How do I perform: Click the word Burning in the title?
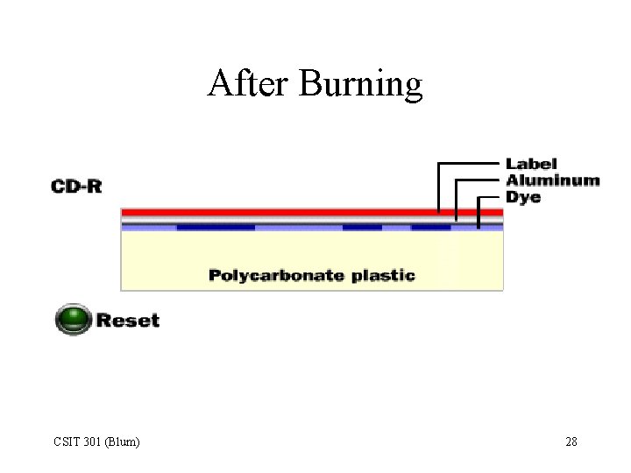[x=360, y=85]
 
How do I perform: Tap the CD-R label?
[x=76, y=186]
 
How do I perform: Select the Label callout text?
[x=531, y=164]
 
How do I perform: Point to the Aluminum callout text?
[x=552, y=180]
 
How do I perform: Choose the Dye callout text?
[x=523, y=197]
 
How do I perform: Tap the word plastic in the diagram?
[x=383, y=276]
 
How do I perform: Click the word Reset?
[x=128, y=320]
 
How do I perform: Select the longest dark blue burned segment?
[x=216, y=228]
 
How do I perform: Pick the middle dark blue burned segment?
[x=362, y=228]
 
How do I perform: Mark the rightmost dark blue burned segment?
[x=430, y=228]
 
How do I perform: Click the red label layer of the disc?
[x=280, y=212]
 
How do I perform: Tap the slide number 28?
[x=571, y=441]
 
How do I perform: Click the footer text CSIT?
[x=67, y=441]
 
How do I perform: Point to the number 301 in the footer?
[x=92, y=441]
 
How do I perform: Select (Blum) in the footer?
[x=122, y=441]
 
